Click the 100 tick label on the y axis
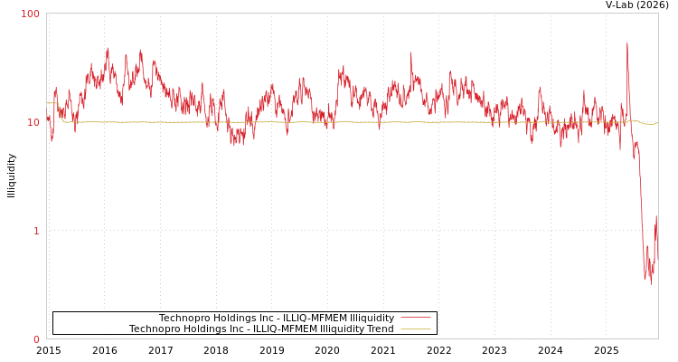point(31,14)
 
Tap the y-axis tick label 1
point(37,231)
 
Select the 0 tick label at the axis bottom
point(37,339)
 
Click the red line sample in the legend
point(415,318)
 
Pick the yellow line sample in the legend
point(415,329)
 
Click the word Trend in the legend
point(380,329)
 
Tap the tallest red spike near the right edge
point(627,43)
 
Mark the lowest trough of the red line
point(651,283)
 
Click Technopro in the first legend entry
point(184,318)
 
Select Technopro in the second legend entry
point(155,329)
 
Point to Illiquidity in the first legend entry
point(372,318)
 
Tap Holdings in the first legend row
point(234,318)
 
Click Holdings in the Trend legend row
point(204,329)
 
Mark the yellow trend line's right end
point(657,123)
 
